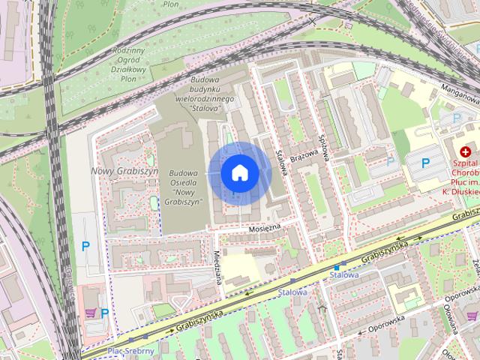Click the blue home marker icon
pyautogui.click(x=239, y=172)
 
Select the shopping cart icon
pyautogui.click(x=91, y=313)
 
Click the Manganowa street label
pyautogui.click(x=459, y=94)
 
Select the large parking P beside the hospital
pyautogui.click(x=425, y=163)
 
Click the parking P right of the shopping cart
pyautogui.click(x=105, y=313)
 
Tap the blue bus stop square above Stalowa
pyautogui.click(x=337, y=266)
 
